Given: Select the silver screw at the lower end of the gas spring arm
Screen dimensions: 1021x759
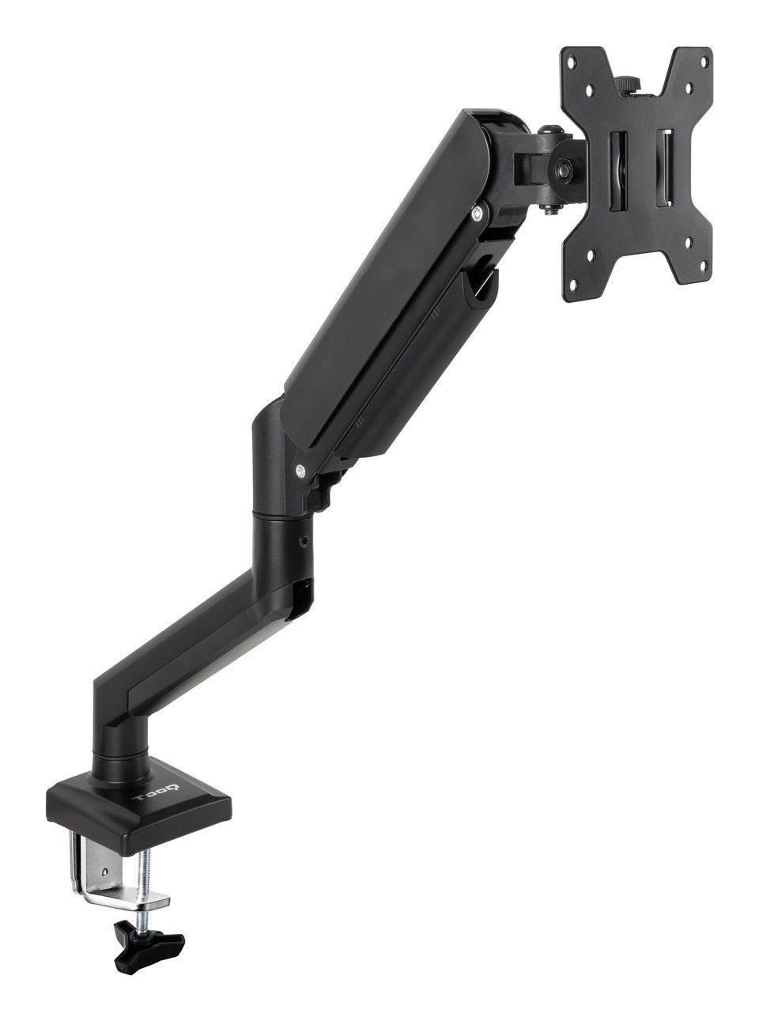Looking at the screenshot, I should [x=301, y=472].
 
